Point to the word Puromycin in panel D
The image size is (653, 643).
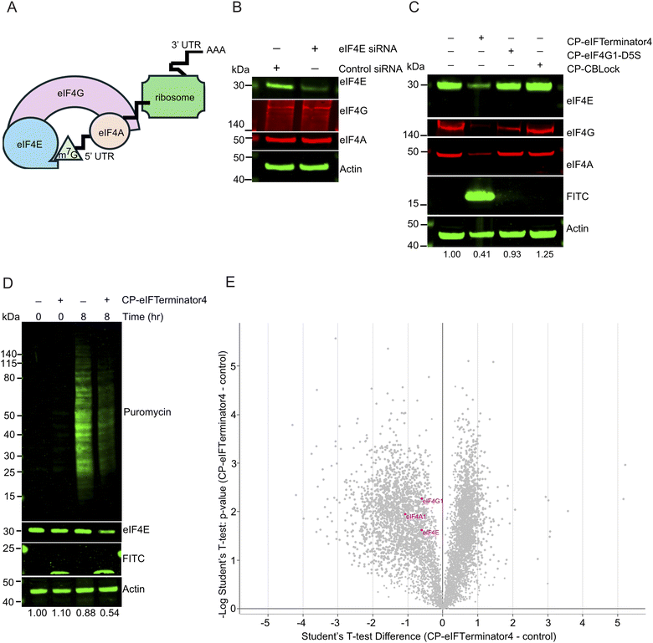pyautogui.click(x=148, y=412)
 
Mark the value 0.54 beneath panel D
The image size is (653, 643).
pyautogui.click(x=105, y=615)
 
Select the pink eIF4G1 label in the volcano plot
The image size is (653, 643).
pyautogui.click(x=432, y=500)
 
